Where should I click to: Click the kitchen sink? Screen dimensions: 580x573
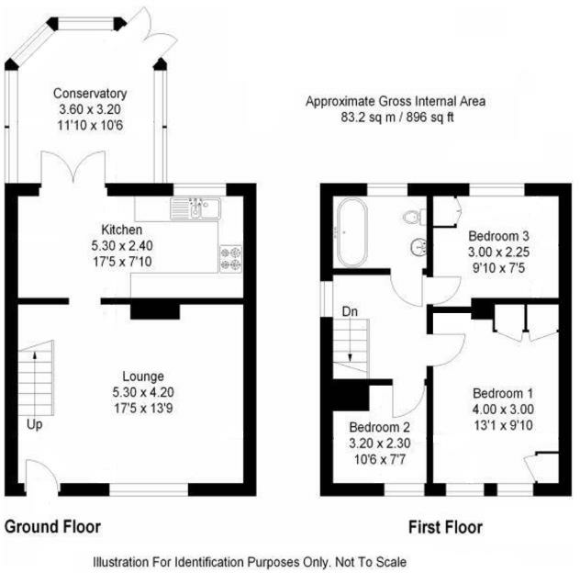[x=195, y=208]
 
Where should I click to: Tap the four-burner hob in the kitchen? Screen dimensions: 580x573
[x=231, y=258]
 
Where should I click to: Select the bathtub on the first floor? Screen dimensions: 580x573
[x=352, y=232]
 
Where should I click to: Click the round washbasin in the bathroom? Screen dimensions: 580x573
[x=418, y=247]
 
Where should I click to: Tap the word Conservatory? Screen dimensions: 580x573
[x=90, y=94]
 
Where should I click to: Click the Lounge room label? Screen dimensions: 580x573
[x=143, y=376]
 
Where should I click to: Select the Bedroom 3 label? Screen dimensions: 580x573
[x=498, y=236]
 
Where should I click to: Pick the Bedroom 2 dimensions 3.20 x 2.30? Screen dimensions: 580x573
[x=380, y=444]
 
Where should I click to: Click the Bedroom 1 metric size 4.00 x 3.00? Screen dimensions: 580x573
[x=503, y=409]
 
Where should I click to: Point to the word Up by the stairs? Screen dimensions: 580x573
[x=34, y=424]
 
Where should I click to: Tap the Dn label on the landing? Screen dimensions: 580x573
[x=350, y=311]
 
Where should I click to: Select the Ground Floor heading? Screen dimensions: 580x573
[x=52, y=526]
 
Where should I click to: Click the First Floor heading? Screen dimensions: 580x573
[x=445, y=527]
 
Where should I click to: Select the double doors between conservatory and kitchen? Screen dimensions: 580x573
[x=73, y=167]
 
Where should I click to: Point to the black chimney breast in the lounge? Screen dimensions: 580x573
[x=155, y=311]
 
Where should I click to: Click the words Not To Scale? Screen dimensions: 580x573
[x=371, y=562]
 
